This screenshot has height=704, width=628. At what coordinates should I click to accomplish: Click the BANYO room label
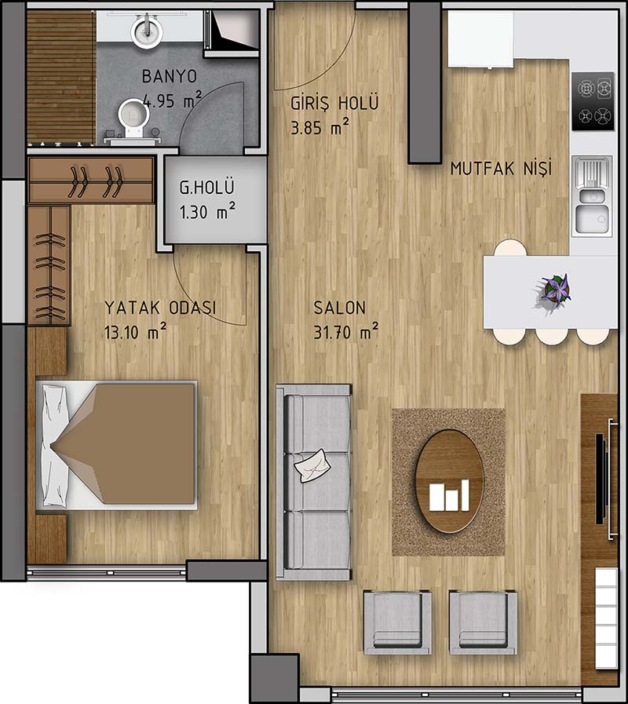170,76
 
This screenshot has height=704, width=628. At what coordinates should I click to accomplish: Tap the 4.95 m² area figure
173,100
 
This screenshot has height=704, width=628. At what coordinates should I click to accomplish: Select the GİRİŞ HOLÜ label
334,103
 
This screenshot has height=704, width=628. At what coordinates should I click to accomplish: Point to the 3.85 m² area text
319,126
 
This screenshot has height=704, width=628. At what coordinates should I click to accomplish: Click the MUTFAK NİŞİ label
501,169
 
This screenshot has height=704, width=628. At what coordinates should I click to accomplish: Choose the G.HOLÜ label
207,187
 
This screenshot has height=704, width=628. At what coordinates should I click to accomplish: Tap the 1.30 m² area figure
207,211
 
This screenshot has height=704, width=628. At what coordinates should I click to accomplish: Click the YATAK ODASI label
160,308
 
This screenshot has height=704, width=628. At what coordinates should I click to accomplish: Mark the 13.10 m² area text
135,331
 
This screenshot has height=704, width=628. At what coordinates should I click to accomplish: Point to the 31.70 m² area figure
345,332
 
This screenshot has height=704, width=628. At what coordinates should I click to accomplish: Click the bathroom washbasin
147,31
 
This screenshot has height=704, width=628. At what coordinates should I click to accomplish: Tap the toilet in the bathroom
134,118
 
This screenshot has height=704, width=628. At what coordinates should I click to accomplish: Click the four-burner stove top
593,101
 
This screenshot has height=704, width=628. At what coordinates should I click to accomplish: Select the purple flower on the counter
556,290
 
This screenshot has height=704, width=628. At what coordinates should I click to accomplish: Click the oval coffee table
449,481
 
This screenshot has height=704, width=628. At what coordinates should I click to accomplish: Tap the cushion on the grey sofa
312,465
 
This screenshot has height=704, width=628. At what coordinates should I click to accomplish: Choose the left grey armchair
397,622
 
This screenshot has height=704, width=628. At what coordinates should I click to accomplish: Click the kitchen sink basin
592,219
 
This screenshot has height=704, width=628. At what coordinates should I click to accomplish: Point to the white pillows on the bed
56,446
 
